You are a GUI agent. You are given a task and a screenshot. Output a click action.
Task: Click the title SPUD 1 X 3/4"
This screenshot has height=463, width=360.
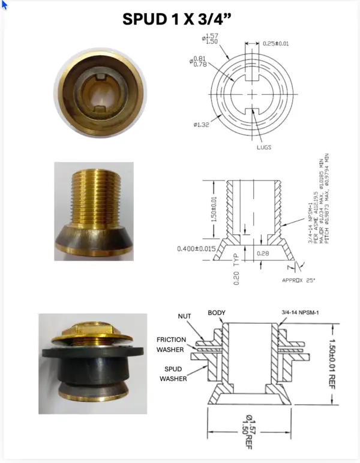click(177, 19)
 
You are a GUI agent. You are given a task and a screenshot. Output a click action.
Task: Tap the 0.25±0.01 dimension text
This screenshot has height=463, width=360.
click(275, 43)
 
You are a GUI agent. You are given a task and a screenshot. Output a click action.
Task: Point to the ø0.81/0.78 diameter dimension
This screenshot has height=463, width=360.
click(199, 61)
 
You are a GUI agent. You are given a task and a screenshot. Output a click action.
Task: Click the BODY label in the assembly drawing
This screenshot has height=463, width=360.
click(217, 313)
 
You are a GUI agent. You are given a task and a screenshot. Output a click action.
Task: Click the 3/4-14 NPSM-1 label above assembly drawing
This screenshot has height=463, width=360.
click(299, 312)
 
